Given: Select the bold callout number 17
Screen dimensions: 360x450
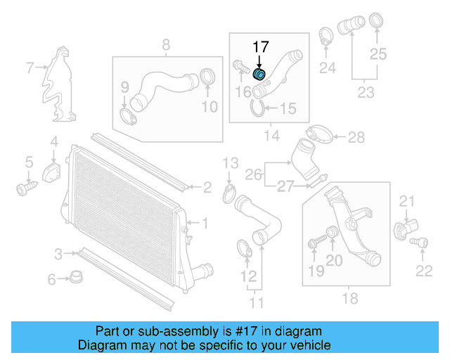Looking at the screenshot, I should coord(261,47).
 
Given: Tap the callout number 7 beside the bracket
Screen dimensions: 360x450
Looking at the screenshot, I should coord(30,68).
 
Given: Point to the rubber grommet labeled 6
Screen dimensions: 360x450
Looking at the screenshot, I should coord(74,278).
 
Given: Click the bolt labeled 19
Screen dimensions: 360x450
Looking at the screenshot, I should coord(314,243).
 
